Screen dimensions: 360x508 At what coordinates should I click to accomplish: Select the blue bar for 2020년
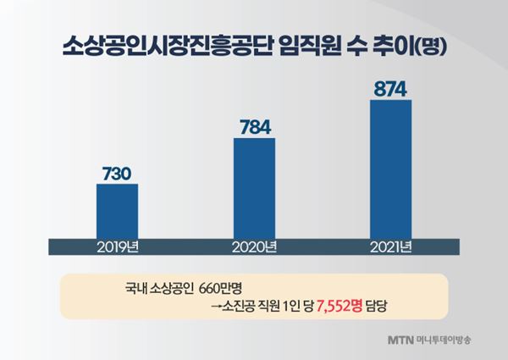tap(254, 187)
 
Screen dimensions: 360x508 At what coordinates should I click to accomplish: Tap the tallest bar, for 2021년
tap(390, 169)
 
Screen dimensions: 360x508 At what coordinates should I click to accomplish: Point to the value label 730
tap(117, 174)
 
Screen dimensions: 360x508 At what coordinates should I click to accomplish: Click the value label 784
tap(254, 128)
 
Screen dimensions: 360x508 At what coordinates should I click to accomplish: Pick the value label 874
tap(390, 89)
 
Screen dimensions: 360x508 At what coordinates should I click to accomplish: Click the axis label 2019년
tap(117, 247)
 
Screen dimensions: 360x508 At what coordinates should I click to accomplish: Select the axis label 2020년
tap(254, 247)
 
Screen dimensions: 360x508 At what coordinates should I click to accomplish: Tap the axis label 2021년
tap(390, 247)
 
